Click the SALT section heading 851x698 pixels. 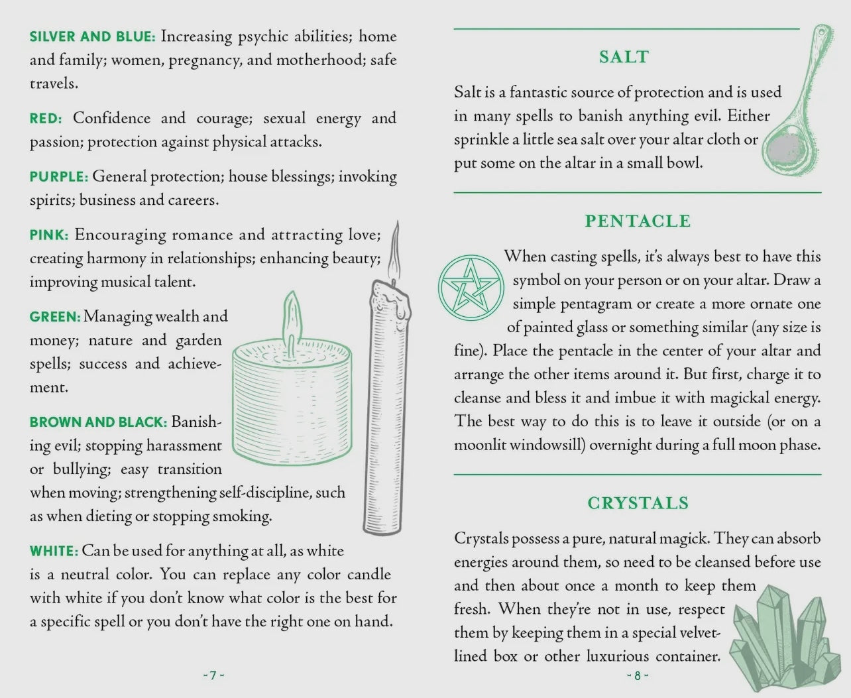tap(624, 57)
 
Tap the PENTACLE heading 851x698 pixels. tap(638, 221)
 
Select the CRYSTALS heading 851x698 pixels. tap(638, 503)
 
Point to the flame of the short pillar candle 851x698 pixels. tap(292, 320)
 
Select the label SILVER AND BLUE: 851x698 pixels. tap(92, 36)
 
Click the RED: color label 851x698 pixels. tap(46, 119)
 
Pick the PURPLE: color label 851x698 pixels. tap(59, 177)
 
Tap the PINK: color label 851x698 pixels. tap(49, 235)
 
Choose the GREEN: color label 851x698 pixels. tap(55, 317)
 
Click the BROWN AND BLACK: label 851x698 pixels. tap(99, 422)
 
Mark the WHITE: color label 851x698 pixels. tap(54, 551)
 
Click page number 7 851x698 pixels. tap(213, 675)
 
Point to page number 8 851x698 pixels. tap(638, 675)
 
